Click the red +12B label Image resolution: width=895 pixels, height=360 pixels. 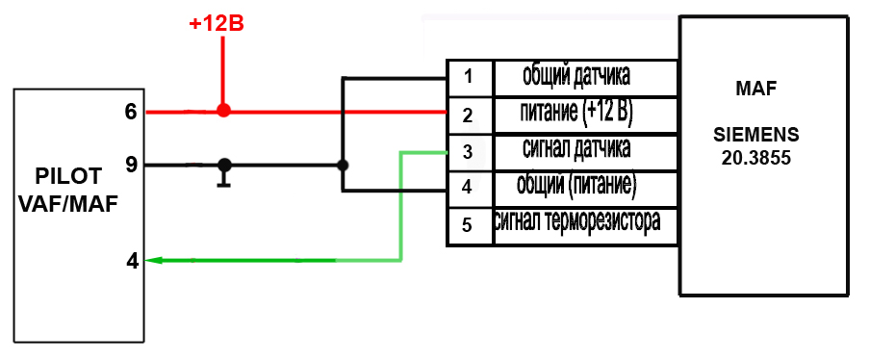tap(217, 25)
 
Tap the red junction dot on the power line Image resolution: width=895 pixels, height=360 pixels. tap(223, 111)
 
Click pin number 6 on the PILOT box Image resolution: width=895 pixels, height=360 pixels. tap(131, 113)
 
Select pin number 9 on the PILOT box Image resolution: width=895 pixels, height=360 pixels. tap(131, 166)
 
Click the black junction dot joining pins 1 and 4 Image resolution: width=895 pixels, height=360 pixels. tap(343, 166)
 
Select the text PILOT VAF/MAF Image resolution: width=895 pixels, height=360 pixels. tap(68, 190)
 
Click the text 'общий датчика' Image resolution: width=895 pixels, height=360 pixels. tap(576, 76)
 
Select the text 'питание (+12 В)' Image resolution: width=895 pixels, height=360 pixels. tap(576, 114)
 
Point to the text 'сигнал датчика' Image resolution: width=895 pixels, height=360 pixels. tap(576, 149)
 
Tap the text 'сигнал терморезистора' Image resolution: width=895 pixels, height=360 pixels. tap(577, 220)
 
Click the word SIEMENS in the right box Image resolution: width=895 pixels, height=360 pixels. tap(755, 136)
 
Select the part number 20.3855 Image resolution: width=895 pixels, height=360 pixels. tap(755, 158)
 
